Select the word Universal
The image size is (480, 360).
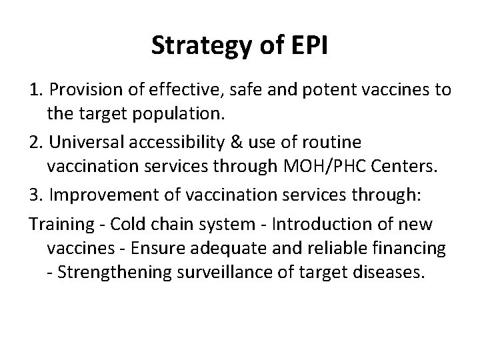coord(83,143)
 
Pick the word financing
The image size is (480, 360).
coord(412,249)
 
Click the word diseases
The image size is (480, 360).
coord(390,275)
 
